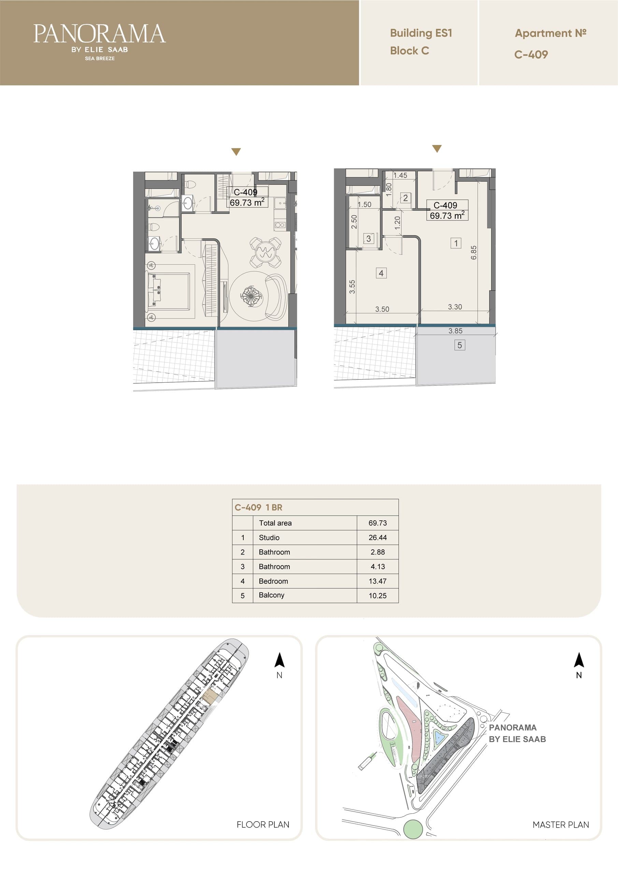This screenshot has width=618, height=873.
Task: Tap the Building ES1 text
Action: pyautogui.click(x=421, y=33)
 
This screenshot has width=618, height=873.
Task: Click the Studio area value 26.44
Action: pyautogui.click(x=377, y=537)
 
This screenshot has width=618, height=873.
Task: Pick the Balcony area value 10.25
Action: pyautogui.click(x=377, y=595)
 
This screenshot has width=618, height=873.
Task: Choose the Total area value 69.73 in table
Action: pyautogui.click(x=377, y=523)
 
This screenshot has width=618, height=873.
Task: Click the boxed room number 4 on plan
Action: pyautogui.click(x=381, y=273)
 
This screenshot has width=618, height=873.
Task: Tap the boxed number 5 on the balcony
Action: pyautogui.click(x=460, y=345)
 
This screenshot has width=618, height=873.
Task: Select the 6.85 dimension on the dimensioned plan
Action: pyautogui.click(x=474, y=252)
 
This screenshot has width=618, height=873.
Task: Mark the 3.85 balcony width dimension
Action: pyautogui.click(x=456, y=331)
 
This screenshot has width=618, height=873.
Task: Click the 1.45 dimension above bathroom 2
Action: pyautogui.click(x=400, y=175)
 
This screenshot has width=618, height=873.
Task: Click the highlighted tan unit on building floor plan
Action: pyautogui.click(x=210, y=697)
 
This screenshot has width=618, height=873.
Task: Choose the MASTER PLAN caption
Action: pyautogui.click(x=561, y=825)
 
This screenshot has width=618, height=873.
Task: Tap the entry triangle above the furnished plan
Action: pyautogui.click(x=236, y=152)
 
